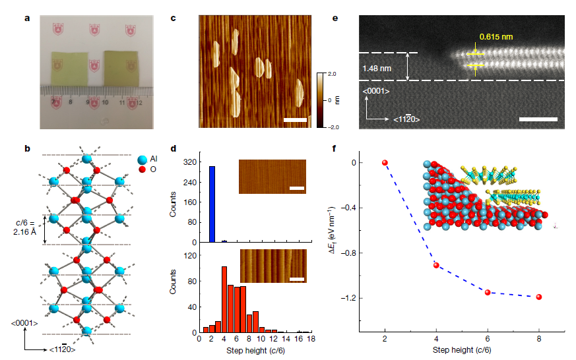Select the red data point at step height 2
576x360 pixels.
click(385, 162)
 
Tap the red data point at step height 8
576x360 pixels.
click(539, 297)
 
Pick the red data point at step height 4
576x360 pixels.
click(436, 265)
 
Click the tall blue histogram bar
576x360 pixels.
click(212, 204)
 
